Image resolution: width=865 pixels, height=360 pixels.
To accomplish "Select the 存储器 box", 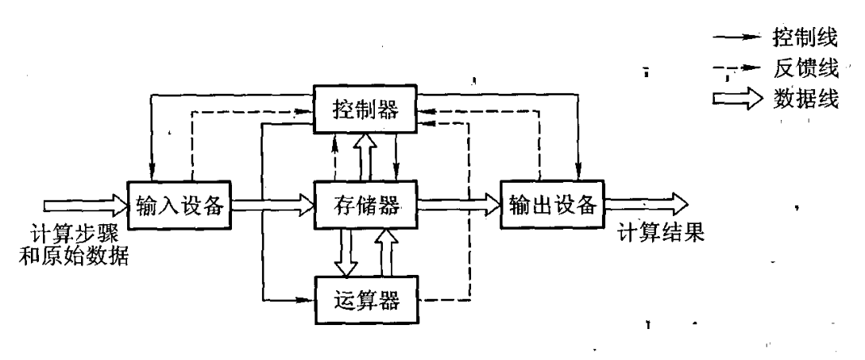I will pos(366,205).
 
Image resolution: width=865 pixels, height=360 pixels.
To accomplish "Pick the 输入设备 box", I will pos(179,205).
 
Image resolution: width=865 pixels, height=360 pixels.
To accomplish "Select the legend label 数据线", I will pos(804,101).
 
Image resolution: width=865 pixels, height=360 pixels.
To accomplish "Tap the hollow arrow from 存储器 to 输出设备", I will pos(458,205).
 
